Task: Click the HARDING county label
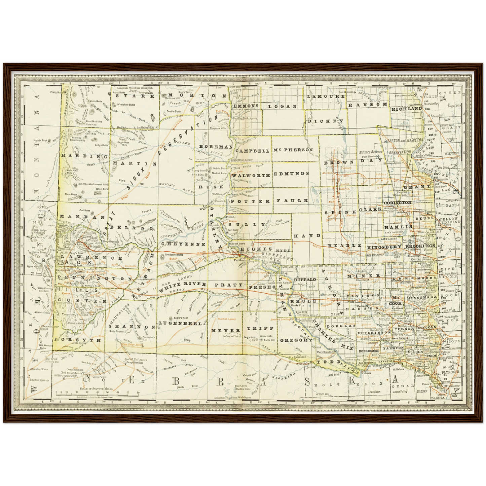[x=84, y=156]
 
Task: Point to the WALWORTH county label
[x=251, y=175]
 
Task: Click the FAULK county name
[x=292, y=200]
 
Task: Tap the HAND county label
[x=307, y=236]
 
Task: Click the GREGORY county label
[x=296, y=340]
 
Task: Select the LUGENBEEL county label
[x=180, y=323]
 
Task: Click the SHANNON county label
[x=132, y=327]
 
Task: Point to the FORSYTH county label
[x=78, y=340]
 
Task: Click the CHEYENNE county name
[x=183, y=244]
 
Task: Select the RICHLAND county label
[x=406, y=109]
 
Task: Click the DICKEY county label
[x=326, y=121]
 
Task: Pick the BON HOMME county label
[x=369, y=351]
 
